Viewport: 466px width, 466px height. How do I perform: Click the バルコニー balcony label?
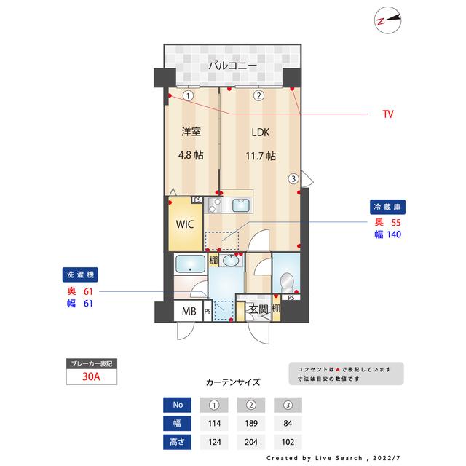coord(232,66)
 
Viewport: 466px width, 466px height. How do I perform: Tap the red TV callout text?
coord(388,114)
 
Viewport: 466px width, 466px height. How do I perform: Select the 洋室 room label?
coord(191,133)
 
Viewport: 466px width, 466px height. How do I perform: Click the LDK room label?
coord(260,133)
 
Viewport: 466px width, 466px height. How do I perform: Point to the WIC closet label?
coord(183,224)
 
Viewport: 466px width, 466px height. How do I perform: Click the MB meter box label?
coord(188,312)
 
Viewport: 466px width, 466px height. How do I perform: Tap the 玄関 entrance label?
coord(258,309)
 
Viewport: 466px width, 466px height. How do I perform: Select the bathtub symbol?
coord(191,264)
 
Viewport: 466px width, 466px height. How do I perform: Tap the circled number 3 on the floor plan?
coord(293,178)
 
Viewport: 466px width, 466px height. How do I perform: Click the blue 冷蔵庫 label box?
coord(387,206)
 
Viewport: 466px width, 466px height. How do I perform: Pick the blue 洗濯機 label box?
coord(79,275)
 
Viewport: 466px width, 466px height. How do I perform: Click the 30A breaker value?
coord(90,376)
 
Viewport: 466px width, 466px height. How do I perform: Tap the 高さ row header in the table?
coord(178,441)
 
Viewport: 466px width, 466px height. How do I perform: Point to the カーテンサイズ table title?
coord(233,382)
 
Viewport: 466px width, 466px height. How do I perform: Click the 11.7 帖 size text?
coord(259,156)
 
